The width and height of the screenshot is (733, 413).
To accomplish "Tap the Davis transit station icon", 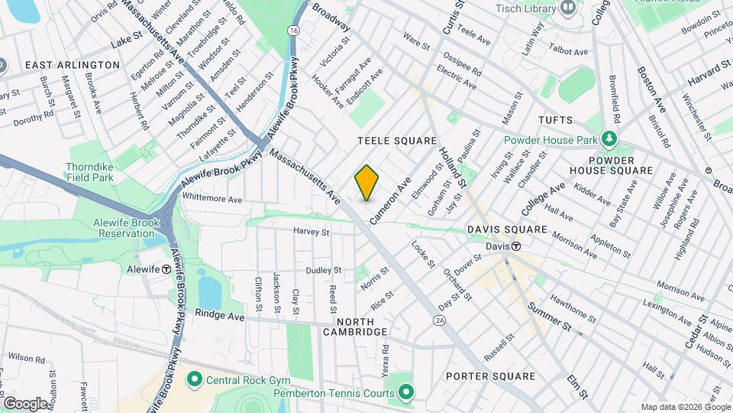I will [516, 246].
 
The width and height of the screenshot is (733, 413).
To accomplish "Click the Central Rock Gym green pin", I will [194, 379].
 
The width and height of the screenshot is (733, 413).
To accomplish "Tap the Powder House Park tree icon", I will [609, 138].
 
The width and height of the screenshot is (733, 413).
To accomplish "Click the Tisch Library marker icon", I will [567, 8].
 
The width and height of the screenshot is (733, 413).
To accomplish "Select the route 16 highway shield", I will [293, 30].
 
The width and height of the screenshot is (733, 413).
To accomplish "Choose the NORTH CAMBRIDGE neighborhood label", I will [355, 326].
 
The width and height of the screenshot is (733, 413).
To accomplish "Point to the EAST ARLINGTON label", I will [73, 65].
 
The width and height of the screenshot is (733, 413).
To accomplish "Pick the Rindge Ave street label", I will [219, 314].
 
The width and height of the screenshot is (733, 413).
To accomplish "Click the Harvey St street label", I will [311, 231].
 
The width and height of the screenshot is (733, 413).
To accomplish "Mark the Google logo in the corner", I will [25, 403].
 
